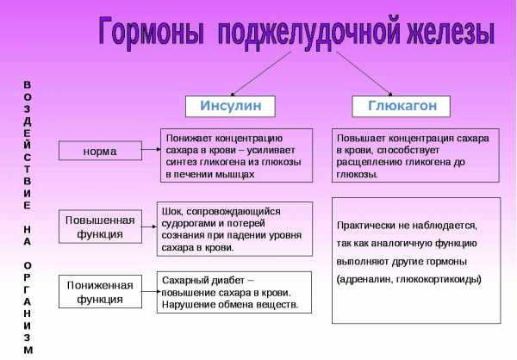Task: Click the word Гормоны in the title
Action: (x=151, y=32)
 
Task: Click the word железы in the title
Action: (x=451, y=32)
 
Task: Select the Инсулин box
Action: (x=230, y=106)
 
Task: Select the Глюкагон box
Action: (x=401, y=106)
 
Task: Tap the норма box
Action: (x=100, y=151)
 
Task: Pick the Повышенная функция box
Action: (x=100, y=227)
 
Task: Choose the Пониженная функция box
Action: (x=100, y=292)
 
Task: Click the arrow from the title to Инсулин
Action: (x=261, y=73)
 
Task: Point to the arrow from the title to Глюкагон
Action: (x=364, y=73)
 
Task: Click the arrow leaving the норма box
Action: (x=152, y=149)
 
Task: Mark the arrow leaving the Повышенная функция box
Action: (x=149, y=227)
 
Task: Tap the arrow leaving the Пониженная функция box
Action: (x=151, y=291)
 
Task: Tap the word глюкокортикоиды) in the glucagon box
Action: (x=439, y=279)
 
